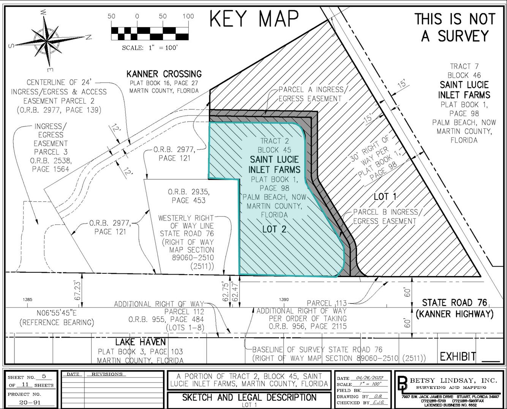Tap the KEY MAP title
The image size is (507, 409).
coord(254,19)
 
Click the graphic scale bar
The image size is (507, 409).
coord(150,33)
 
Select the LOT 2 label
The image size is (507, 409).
coord(274,229)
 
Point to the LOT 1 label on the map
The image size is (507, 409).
coord(385,196)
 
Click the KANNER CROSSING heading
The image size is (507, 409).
coord(164,74)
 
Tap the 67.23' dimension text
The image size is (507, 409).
coord(77,291)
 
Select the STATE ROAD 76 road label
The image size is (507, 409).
coord(455,303)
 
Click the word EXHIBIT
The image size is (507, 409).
coord(458,357)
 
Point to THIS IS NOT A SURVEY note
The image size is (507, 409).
coord(455,27)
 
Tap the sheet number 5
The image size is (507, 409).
coord(44,377)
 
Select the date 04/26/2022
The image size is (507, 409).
coord(367,378)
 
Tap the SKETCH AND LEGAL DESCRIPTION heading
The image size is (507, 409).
coord(249,398)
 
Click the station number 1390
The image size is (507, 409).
coord(284,300)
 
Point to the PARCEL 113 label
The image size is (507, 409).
coord(327,303)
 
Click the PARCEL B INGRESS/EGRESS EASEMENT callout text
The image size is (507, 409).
coord(385,216)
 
